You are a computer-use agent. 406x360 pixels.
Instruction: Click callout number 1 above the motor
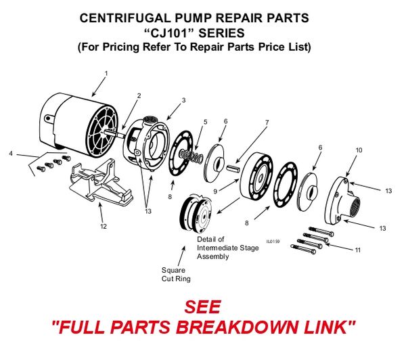coord(106,72)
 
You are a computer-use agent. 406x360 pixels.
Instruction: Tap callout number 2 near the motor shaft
coord(139,96)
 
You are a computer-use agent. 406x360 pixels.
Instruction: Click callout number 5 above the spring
coord(205,122)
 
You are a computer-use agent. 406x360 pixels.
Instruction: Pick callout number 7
coord(267,122)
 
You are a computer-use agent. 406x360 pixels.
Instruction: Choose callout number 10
coord(359,150)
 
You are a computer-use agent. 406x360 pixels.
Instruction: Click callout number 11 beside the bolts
coord(358,250)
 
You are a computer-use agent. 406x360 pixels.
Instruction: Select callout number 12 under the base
coord(103,226)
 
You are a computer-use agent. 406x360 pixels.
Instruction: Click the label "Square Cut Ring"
coord(175,273)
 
